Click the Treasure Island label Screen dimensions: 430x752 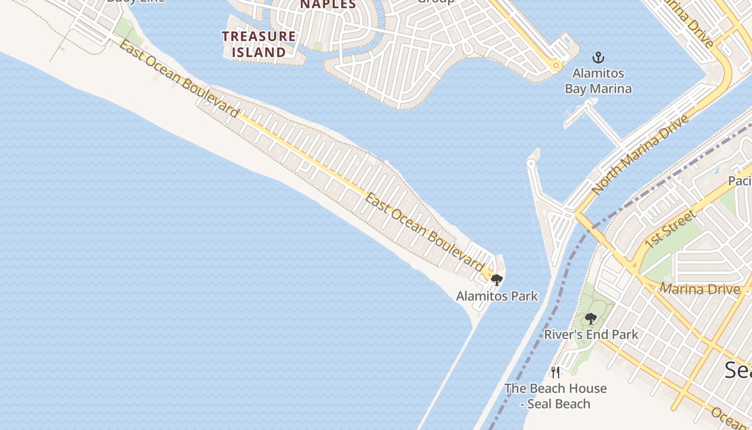pyautogui.click(x=259, y=44)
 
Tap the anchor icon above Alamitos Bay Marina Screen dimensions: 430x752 pyautogui.click(x=598, y=58)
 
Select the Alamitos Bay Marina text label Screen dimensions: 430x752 pyautogui.click(x=598, y=81)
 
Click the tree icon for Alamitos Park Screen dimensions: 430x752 pyautogui.click(x=497, y=279)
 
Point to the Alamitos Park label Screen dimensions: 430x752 pyautogui.click(x=497, y=296)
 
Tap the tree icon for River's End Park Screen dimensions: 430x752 pyautogui.click(x=591, y=319)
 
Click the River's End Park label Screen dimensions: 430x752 pyautogui.click(x=591, y=334)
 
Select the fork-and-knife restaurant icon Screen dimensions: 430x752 pyautogui.click(x=555, y=372)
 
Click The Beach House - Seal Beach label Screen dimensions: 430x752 pyautogui.click(x=555, y=396)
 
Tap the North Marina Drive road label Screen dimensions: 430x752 pyautogui.click(x=640, y=154)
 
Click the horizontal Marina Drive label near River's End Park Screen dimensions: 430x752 pyautogui.click(x=699, y=289)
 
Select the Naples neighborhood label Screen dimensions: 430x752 pyautogui.click(x=328, y=4)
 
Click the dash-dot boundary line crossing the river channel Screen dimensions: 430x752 pyautogui.click(x=559, y=312)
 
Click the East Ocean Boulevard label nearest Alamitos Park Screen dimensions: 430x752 pyautogui.click(x=424, y=232)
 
